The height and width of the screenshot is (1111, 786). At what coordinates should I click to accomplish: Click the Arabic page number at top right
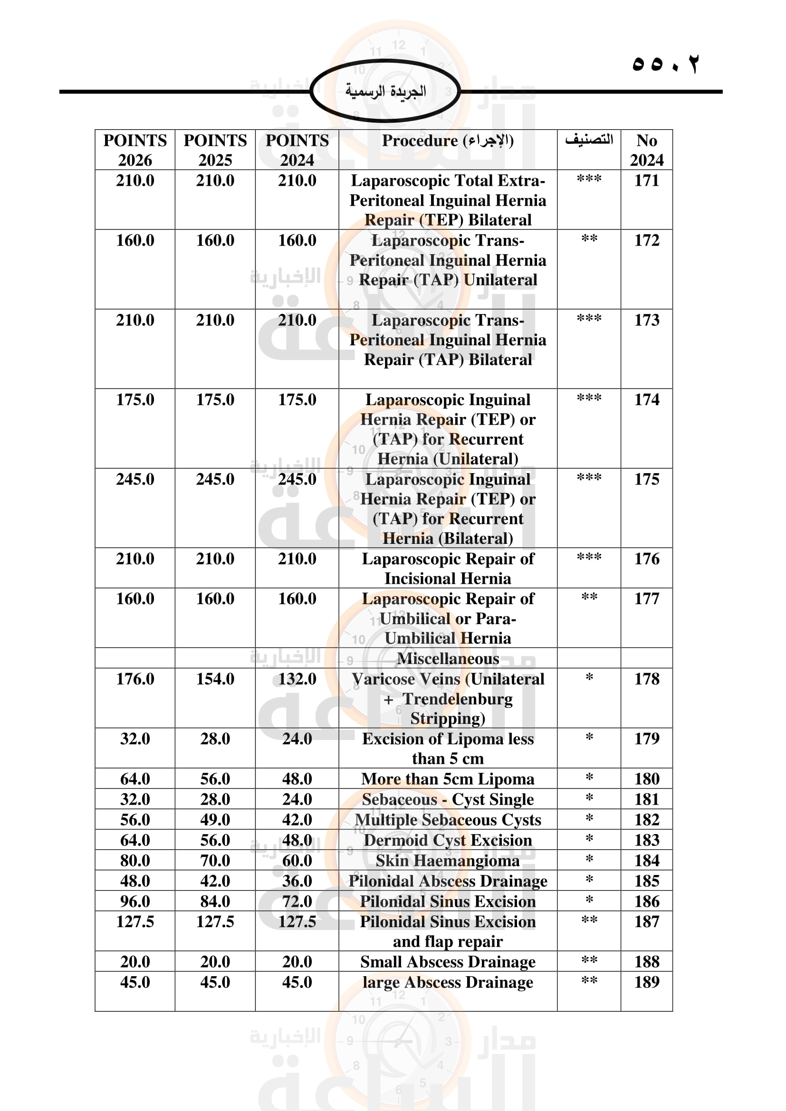coord(665,64)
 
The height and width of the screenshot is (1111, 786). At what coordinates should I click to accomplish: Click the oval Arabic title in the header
coord(385,91)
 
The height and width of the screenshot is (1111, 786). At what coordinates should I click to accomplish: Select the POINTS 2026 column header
coord(135,150)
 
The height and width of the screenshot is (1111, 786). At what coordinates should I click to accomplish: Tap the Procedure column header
coord(448,141)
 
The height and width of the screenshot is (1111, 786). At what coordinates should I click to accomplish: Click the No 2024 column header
coord(647,150)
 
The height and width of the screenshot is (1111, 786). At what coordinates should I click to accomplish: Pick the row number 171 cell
coord(647,181)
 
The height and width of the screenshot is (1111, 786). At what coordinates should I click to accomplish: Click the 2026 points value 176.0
coord(135,679)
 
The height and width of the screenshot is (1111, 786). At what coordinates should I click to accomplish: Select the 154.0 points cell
coord(215,679)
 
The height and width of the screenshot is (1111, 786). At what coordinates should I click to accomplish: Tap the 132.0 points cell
coord(297,679)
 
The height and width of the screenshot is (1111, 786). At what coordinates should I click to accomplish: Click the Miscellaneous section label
coord(448,658)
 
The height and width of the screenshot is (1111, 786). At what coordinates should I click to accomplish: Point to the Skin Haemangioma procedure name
coord(448,861)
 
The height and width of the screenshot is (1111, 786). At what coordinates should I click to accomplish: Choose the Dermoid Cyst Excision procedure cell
coord(448,841)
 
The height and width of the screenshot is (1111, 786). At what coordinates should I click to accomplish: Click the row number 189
coord(647,982)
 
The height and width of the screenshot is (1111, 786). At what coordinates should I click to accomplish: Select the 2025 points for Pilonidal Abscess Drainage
coord(215,881)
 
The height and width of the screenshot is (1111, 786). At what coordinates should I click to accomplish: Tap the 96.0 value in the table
coord(135,902)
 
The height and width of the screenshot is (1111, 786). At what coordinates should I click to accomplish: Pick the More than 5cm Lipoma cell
coord(448,779)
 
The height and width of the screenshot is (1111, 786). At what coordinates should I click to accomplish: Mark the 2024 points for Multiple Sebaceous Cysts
coord(297,820)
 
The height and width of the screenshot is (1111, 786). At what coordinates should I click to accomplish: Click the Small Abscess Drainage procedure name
coord(448,962)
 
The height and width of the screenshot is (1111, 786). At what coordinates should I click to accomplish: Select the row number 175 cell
coord(647,480)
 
